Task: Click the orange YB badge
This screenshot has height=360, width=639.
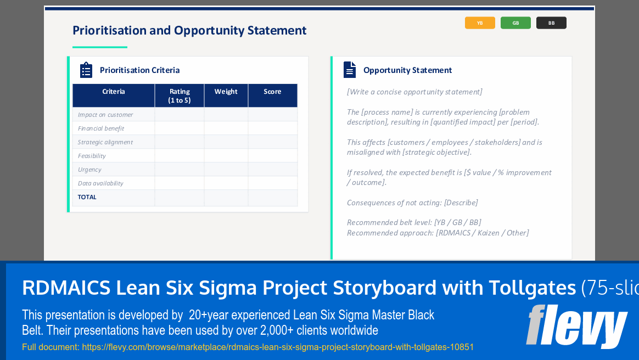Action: click(480, 23)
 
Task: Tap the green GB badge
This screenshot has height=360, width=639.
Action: click(515, 23)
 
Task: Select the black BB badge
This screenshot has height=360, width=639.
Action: click(551, 23)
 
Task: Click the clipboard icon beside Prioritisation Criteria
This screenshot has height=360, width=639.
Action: click(86, 70)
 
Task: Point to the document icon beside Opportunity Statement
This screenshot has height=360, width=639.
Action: click(350, 70)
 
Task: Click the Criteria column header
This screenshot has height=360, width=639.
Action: click(114, 92)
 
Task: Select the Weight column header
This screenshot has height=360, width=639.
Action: click(226, 92)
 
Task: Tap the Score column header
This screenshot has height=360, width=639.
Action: click(272, 92)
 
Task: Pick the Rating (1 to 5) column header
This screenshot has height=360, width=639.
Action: click(180, 95)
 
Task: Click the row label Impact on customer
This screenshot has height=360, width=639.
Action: click(105, 115)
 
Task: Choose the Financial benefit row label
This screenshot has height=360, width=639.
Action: click(101, 128)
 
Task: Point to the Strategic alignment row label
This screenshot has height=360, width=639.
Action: click(105, 142)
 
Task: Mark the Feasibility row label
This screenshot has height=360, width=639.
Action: click(92, 156)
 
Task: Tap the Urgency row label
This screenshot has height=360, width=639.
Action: click(89, 170)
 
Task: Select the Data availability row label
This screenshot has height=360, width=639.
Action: click(100, 183)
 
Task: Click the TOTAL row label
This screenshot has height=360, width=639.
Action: click(87, 197)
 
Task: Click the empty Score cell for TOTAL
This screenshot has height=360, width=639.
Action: click(272, 198)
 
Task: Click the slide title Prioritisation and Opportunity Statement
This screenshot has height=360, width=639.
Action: click(189, 30)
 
